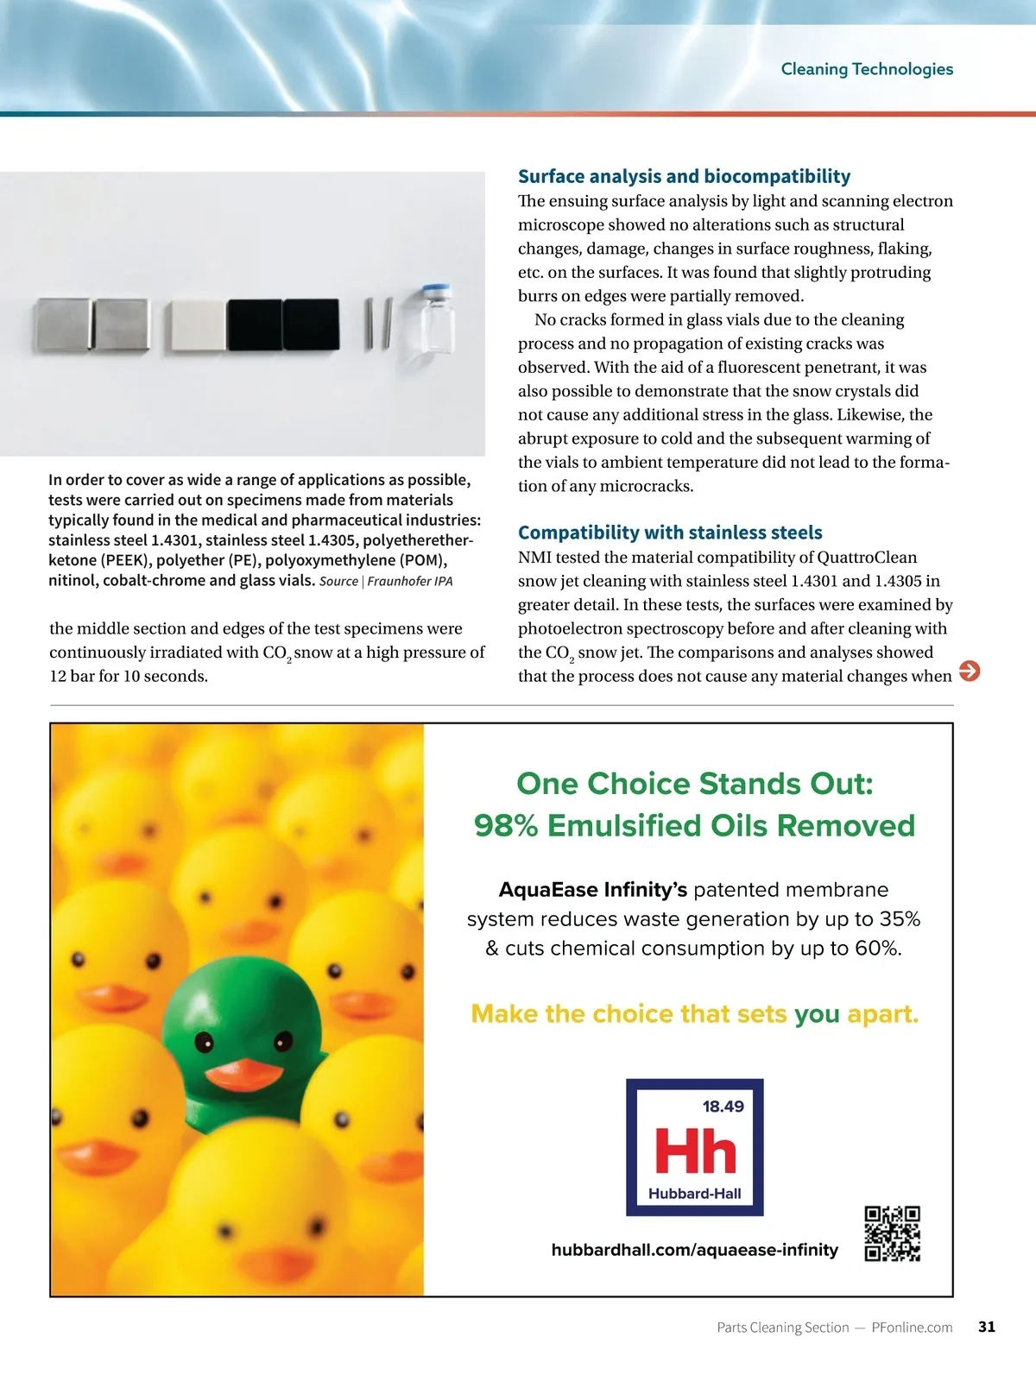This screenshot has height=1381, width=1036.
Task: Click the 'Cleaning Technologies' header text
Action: coord(867,69)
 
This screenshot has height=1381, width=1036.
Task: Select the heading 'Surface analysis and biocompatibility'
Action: coord(684,176)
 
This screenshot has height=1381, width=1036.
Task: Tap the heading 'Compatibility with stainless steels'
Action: coord(670,533)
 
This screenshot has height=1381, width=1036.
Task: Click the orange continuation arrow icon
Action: coord(970,671)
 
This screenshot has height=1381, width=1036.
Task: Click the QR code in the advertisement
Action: coord(892,1233)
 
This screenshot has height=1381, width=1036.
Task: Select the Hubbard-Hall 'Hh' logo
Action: coord(695,1147)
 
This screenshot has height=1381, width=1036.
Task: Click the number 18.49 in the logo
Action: coord(723,1107)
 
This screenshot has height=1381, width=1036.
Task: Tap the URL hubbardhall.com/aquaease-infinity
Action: coord(694,1250)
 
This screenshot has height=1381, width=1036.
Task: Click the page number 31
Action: coord(987,1327)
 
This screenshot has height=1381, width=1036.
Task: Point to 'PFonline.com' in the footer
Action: coord(912,1327)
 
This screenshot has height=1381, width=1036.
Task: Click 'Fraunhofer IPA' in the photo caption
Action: coord(409,581)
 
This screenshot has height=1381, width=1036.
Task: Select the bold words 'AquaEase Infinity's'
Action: coord(593,890)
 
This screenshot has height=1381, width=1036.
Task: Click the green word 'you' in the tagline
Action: coord(817,1013)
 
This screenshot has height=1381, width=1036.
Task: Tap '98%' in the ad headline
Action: coord(506,826)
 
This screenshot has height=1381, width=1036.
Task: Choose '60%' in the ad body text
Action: coord(876,949)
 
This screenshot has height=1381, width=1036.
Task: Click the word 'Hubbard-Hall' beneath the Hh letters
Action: coord(695,1194)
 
